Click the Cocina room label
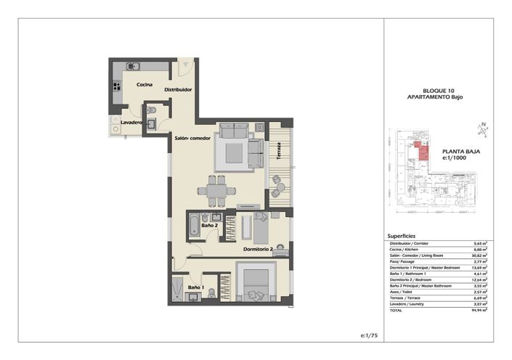(x=144, y=85)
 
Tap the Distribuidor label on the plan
(x=178, y=90)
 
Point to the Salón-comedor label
(x=192, y=138)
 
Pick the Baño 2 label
(x=210, y=226)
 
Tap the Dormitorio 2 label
(x=257, y=249)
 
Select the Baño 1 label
(x=195, y=288)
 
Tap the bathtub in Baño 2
(x=193, y=226)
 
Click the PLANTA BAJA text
(x=461, y=152)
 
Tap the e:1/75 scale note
(x=371, y=336)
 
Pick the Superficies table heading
(x=402, y=236)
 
